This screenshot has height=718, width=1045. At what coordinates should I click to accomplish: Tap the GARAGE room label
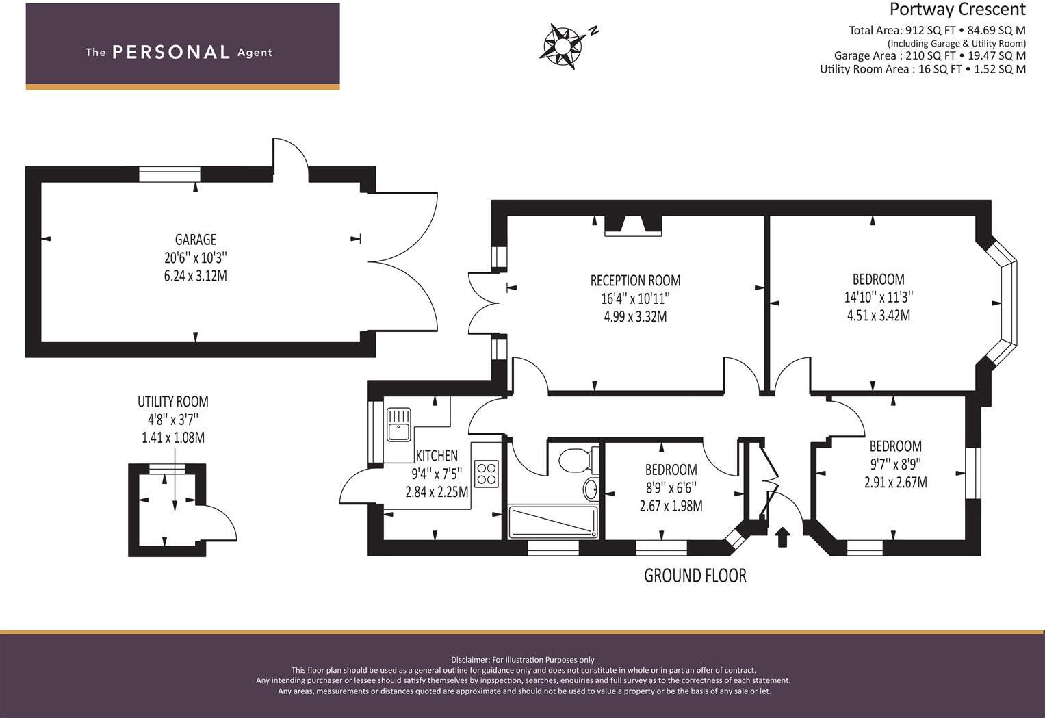pos(196,240)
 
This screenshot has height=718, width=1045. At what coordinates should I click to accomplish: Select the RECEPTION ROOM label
pos(635,281)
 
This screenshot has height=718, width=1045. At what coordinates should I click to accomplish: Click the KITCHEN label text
pos(437,455)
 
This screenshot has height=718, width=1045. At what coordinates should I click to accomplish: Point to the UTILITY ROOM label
pos(173,401)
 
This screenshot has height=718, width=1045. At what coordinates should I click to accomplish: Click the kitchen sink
pos(399,424)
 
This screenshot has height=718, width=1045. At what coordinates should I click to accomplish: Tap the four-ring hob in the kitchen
pos(487,474)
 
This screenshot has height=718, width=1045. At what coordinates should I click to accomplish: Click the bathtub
pos(553,522)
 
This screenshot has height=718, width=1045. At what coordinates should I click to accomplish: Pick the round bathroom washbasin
pos(591,489)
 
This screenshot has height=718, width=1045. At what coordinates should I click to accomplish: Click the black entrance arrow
pos(783,537)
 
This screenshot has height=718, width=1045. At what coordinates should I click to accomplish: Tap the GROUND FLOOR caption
pos(695,576)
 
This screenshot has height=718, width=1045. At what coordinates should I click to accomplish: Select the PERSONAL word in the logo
pos(171,52)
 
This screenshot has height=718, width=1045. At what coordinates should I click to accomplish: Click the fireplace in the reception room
pos(633,226)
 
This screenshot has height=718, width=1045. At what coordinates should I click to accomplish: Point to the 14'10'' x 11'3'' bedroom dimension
pos(879,297)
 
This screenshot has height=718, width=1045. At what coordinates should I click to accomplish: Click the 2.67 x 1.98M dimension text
pos(671,506)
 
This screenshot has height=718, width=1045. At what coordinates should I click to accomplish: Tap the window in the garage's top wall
pos(170,175)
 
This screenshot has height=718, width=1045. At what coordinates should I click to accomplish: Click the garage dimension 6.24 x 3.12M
pos(196,276)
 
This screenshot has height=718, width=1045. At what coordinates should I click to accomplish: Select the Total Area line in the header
pos(938,30)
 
